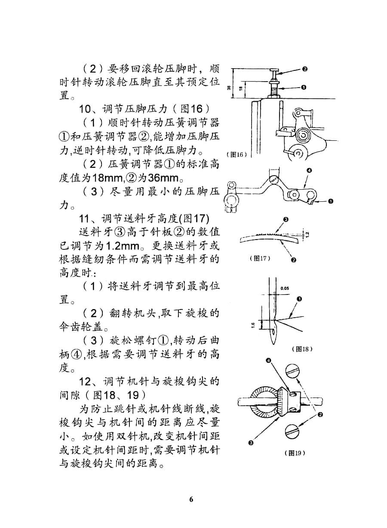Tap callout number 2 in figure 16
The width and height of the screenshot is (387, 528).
tap(304, 69)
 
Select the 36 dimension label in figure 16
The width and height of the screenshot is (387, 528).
tap(229, 88)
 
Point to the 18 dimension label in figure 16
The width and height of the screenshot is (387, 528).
tap(241, 88)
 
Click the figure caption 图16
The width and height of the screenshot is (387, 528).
tap(236, 155)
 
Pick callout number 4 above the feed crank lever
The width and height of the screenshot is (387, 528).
tap(309, 170)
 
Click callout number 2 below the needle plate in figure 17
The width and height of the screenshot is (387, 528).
tap(294, 260)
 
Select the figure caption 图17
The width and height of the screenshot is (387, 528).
tap(260, 258)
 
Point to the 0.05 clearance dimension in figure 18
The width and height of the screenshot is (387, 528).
tap(285, 288)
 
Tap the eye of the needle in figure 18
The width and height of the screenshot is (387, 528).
tap(273, 331)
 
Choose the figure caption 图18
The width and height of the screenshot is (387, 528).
tap(302, 349)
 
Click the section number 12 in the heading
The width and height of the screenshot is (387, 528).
tap(85, 382)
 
